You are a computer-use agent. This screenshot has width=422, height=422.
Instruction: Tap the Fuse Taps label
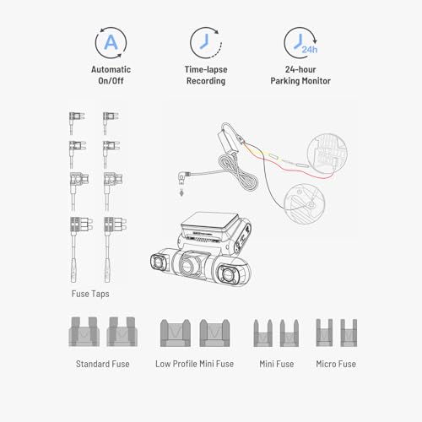(90, 295)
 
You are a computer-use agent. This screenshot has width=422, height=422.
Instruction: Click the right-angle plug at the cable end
(180, 179)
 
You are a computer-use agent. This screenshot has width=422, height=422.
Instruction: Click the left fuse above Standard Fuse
(85, 334)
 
